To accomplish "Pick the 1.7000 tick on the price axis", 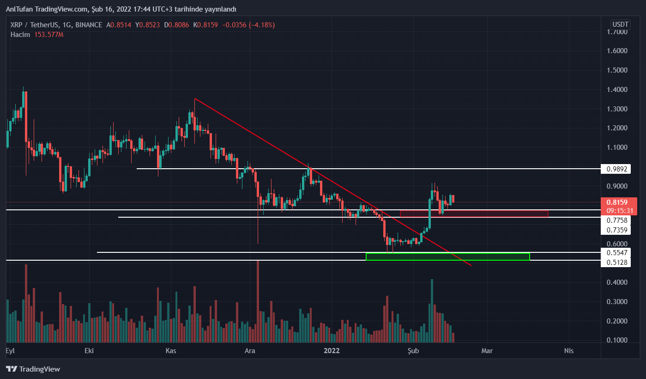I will [x=617, y=32].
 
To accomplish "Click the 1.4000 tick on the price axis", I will [x=617, y=90].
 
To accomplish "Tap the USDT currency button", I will [x=620, y=24].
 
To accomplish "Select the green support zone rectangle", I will [x=447, y=257].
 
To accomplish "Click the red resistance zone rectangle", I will [x=474, y=214].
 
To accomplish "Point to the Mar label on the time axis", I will [x=487, y=351].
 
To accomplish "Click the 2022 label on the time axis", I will [x=332, y=351].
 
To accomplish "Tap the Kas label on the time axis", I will [x=171, y=351].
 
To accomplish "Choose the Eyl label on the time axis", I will [x=10, y=351].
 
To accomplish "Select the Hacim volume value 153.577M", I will [x=48, y=35].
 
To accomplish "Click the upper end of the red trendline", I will [x=195, y=98].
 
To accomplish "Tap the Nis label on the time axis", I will [x=568, y=351].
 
